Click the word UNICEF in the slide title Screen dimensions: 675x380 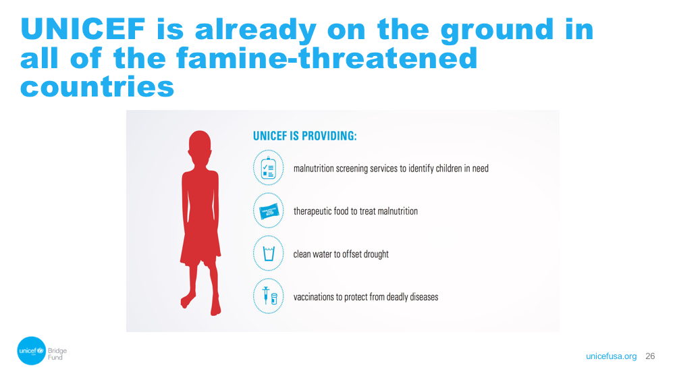pos(83,29)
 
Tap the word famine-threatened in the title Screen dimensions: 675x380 pos(327,58)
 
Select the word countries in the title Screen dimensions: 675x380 pos(97,86)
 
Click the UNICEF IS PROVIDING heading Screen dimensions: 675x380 pos(305,136)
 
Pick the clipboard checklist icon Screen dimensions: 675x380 pos(268,168)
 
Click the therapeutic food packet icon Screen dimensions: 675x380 pos(269,211)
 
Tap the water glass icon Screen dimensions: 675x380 pos(269,254)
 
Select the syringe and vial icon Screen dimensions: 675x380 pos(269,296)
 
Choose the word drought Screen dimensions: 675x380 pos(376,254)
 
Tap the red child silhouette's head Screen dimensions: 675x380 pos(200,146)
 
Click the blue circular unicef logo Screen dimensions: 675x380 pos(32,351)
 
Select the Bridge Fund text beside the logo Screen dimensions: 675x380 pos(57,354)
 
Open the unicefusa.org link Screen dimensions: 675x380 pos(611,356)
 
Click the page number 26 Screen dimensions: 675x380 pos(650,356)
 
